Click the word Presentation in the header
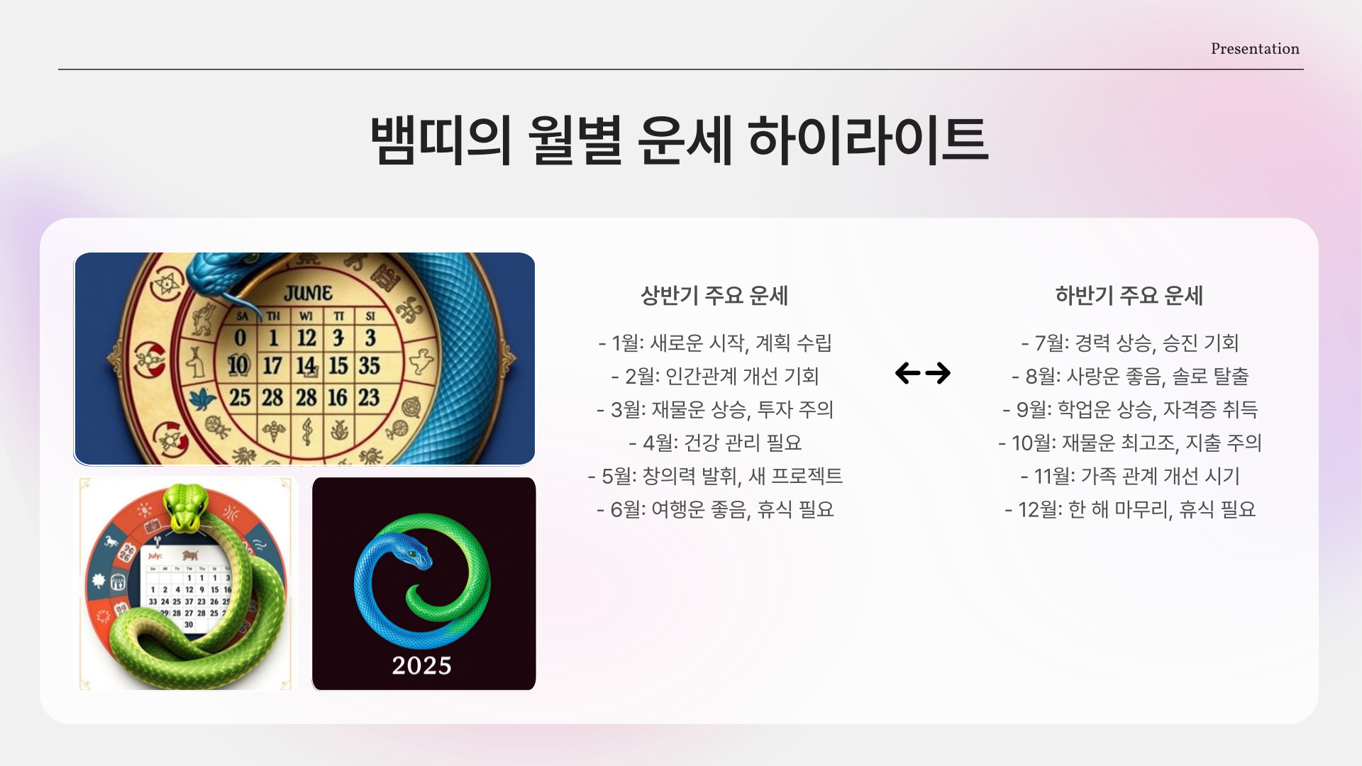pyautogui.click(x=1255, y=49)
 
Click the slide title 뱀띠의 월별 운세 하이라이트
pyautogui.click(x=679, y=140)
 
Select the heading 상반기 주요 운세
pyautogui.click(x=714, y=295)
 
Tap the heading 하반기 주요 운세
pyautogui.click(x=1129, y=295)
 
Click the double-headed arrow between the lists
pyautogui.click(x=922, y=373)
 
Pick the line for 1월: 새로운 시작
pyautogui.click(x=714, y=343)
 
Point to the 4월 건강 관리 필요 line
pyautogui.click(x=714, y=443)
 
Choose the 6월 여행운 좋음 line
pyautogui.click(x=714, y=509)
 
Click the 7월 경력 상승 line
pyautogui.click(x=1129, y=343)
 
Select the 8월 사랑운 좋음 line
pyautogui.click(x=1129, y=376)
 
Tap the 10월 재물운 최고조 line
pyautogui.click(x=1129, y=443)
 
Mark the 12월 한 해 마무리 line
pyautogui.click(x=1129, y=509)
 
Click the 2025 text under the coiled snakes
pyautogui.click(x=422, y=665)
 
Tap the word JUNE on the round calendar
pyautogui.click(x=308, y=293)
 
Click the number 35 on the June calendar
pyautogui.click(x=369, y=366)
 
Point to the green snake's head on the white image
pyautogui.click(x=184, y=508)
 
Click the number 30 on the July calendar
pyautogui.click(x=189, y=625)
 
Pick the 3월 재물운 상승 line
pyautogui.click(x=714, y=409)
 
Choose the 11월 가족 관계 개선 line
pyautogui.click(x=1129, y=476)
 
